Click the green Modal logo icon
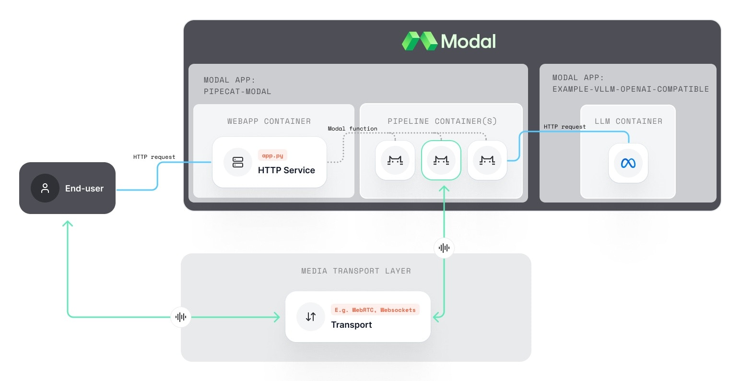click(x=419, y=41)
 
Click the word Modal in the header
click(x=468, y=41)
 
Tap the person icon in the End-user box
click(x=45, y=188)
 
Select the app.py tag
click(x=272, y=155)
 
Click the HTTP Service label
click(x=286, y=170)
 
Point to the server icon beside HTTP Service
click(x=238, y=162)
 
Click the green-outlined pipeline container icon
click(x=441, y=160)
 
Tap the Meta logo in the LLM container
click(x=628, y=163)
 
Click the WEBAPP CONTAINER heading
click(x=269, y=121)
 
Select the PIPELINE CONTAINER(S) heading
click(x=442, y=121)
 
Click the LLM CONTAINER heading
click(x=628, y=121)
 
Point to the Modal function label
click(x=353, y=129)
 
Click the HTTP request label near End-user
click(x=154, y=157)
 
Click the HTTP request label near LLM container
click(x=565, y=127)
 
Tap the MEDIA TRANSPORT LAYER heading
click(x=356, y=271)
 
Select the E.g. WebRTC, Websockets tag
click(x=375, y=310)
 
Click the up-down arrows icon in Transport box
click(x=311, y=317)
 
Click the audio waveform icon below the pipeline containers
click(x=444, y=248)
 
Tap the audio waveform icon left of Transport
click(x=181, y=317)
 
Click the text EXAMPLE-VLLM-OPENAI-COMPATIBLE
click(x=630, y=89)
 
